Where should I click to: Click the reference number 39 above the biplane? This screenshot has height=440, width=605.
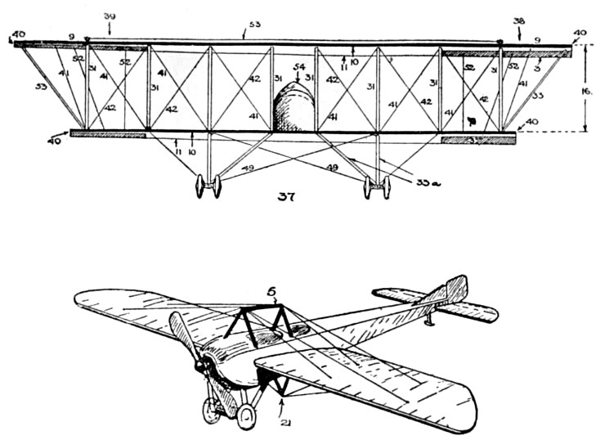110,16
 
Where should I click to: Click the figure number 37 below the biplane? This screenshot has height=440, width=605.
285,196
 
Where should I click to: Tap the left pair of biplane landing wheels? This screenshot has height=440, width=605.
208,186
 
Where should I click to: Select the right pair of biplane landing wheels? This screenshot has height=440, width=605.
376,187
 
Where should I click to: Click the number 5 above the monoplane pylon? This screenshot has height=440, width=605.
274,289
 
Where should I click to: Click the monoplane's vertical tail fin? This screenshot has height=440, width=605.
455,290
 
